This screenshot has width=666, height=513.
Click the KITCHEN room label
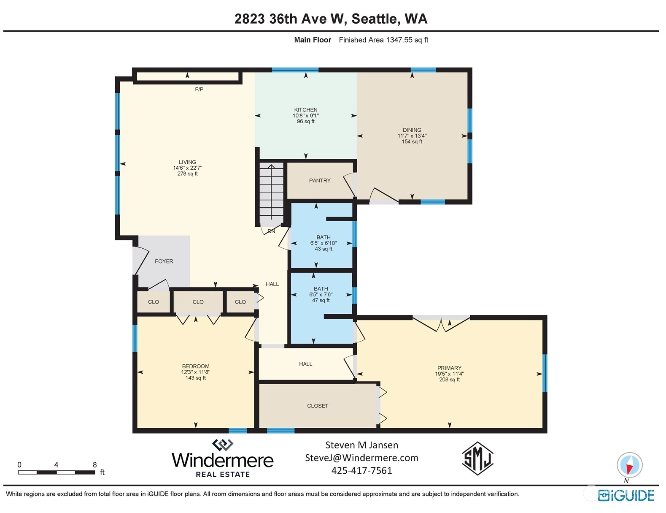[x=305, y=109]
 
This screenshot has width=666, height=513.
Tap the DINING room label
[x=412, y=130]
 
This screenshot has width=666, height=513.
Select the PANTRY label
[x=320, y=180]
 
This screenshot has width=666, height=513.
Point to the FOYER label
[x=164, y=261]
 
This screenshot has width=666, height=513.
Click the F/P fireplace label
[x=199, y=89]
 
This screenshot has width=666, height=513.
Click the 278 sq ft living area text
[x=188, y=174]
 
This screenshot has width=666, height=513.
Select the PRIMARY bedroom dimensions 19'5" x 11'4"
[x=450, y=374]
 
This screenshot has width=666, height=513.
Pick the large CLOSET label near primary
[x=318, y=406]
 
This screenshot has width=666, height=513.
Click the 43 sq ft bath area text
[x=324, y=249]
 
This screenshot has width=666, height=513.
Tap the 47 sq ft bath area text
[x=321, y=300]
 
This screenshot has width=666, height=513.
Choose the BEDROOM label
[x=196, y=366]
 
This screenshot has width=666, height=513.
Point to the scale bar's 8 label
[x=95, y=464]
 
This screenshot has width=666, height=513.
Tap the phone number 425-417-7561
[x=361, y=470]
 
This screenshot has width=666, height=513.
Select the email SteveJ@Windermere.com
[x=361, y=458]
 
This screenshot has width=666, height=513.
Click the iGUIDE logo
[x=626, y=496]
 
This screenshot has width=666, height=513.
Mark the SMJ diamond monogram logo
[x=477, y=459]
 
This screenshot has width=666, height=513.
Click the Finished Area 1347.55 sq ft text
[x=383, y=40]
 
